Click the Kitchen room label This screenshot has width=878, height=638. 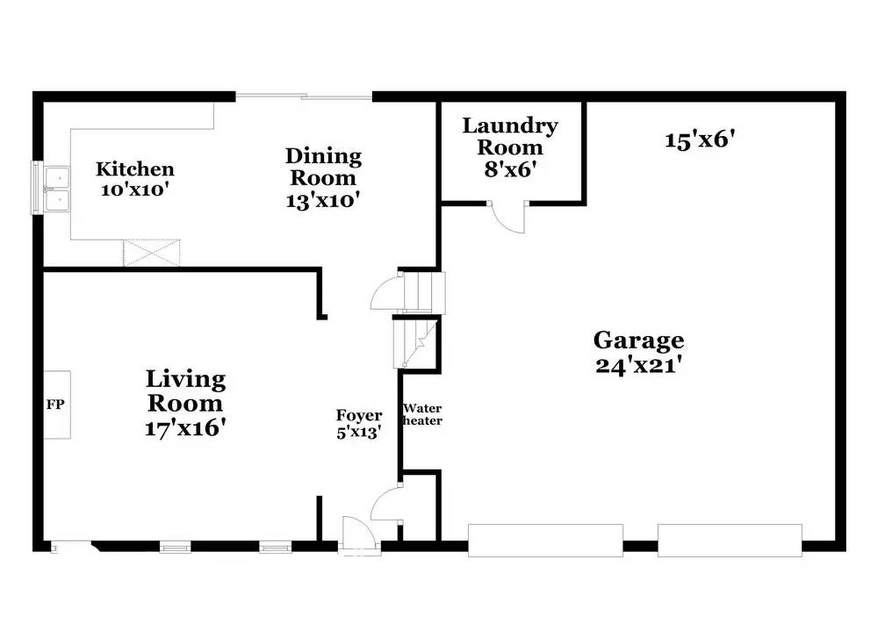click(134, 168)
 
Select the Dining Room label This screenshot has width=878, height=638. click(323, 167)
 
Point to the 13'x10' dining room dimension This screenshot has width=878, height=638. click(323, 199)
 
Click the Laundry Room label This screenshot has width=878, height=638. click(510, 136)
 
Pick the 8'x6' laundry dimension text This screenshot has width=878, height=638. click(510, 168)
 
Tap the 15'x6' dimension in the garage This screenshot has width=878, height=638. click(699, 139)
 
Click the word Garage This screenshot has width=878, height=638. click(638, 340)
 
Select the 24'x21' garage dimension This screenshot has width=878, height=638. click(638, 365)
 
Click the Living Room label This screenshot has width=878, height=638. click(185, 391)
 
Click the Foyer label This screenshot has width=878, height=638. click(359, 415)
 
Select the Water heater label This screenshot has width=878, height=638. click(422, 414)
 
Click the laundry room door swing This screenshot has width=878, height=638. click(507, 217)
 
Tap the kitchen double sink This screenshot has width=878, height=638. click(55, 188)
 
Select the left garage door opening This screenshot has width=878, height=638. click(545, 540)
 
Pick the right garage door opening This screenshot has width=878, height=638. click(730, 540)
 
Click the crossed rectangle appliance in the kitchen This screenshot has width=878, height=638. click(152, 252)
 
